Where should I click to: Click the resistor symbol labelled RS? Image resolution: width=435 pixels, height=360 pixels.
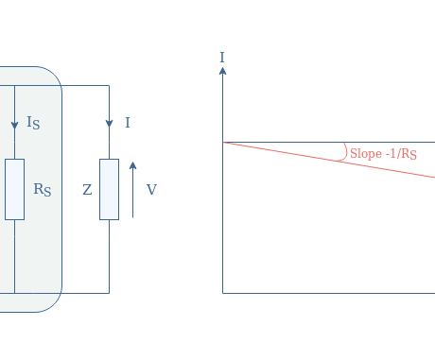[x=14, y=189]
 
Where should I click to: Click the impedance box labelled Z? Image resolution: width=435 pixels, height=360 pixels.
[x=109, y=189]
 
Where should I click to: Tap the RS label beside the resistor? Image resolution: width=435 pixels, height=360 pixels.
[x=42, y=189]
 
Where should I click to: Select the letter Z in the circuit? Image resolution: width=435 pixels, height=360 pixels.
[x=87, y=190]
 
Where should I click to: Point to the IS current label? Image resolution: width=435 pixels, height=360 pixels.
[x=33, y=123]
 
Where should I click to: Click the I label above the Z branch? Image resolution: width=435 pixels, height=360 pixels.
[x=128, y=123]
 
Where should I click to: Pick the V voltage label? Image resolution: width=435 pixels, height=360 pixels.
[x=151, y=190]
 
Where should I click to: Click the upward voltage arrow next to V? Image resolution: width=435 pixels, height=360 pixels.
[x=133, y=189]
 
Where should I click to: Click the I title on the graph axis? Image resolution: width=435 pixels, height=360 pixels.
[x=222, y=58]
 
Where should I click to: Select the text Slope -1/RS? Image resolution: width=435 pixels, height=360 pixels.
[x=383, y=153]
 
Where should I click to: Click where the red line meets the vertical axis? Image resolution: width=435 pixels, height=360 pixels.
[x=223, y=142]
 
